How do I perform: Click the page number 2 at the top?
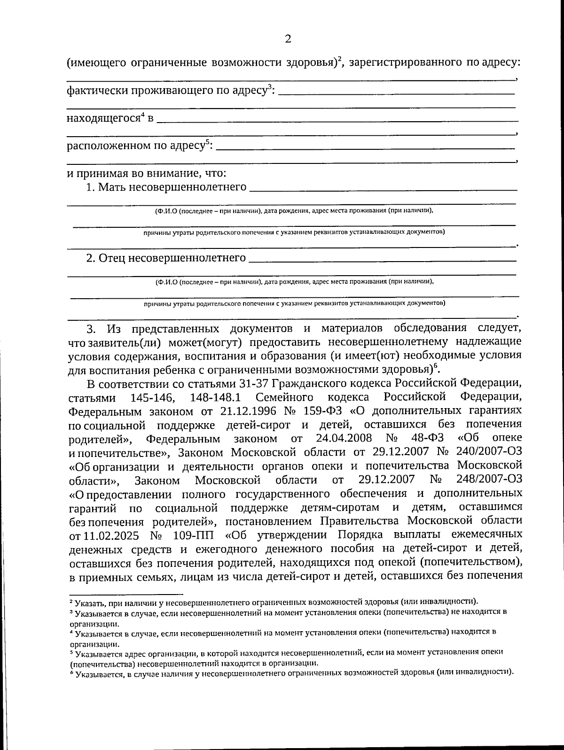coord(288,39)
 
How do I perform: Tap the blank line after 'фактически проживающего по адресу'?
coord(397,92)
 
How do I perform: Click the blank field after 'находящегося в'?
coord(336,119)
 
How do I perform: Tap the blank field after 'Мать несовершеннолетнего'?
coord(383,187)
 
